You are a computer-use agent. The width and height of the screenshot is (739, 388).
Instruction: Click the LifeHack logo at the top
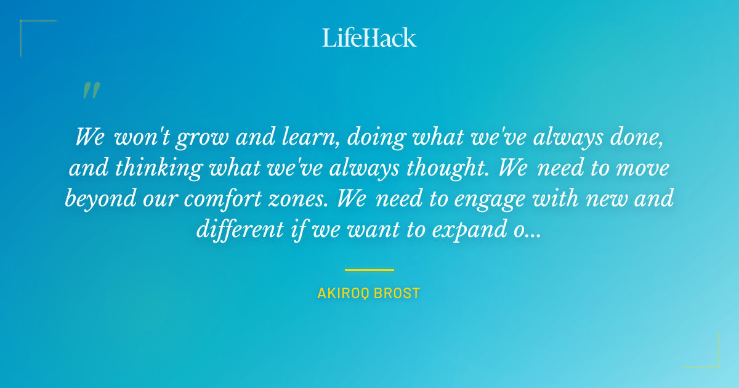point(369,38)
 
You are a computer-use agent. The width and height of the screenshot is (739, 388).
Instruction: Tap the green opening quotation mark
point(91,91)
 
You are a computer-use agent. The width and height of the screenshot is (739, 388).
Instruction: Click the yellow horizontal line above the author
point(369,270)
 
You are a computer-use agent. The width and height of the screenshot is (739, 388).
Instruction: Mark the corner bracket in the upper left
point(28,28)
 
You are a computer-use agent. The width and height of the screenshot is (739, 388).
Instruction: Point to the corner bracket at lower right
point(711,360)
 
